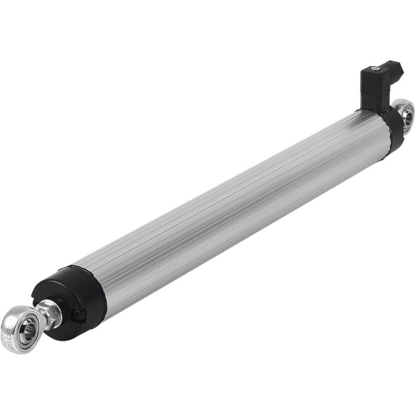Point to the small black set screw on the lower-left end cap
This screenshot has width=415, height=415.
click(x=78, y=315)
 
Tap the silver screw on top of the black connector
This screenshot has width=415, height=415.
click(x=374, y=69)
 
